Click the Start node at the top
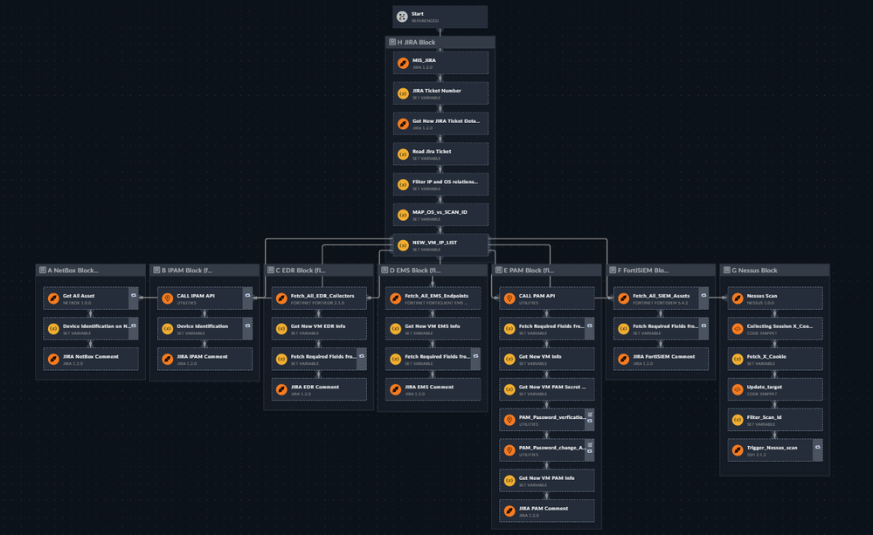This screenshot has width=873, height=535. (x=440, y=17)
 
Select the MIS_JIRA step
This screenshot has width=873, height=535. (x=440, y=63)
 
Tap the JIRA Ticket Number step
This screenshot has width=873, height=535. (x=440, y=93)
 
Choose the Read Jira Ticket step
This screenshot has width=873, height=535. (x=440, y=154)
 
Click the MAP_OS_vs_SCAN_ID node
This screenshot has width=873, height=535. (x=440, y=215)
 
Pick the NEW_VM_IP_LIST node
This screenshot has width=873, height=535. (x=440, y=245)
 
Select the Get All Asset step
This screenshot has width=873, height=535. (x=87, y=298)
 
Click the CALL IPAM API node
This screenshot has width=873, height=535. (x=201, y=298)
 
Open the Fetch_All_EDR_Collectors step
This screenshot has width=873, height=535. (x=319, y=298)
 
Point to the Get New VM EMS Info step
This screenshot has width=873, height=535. (x=433, y=329)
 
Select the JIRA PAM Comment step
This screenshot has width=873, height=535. (x=546, y=511)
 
